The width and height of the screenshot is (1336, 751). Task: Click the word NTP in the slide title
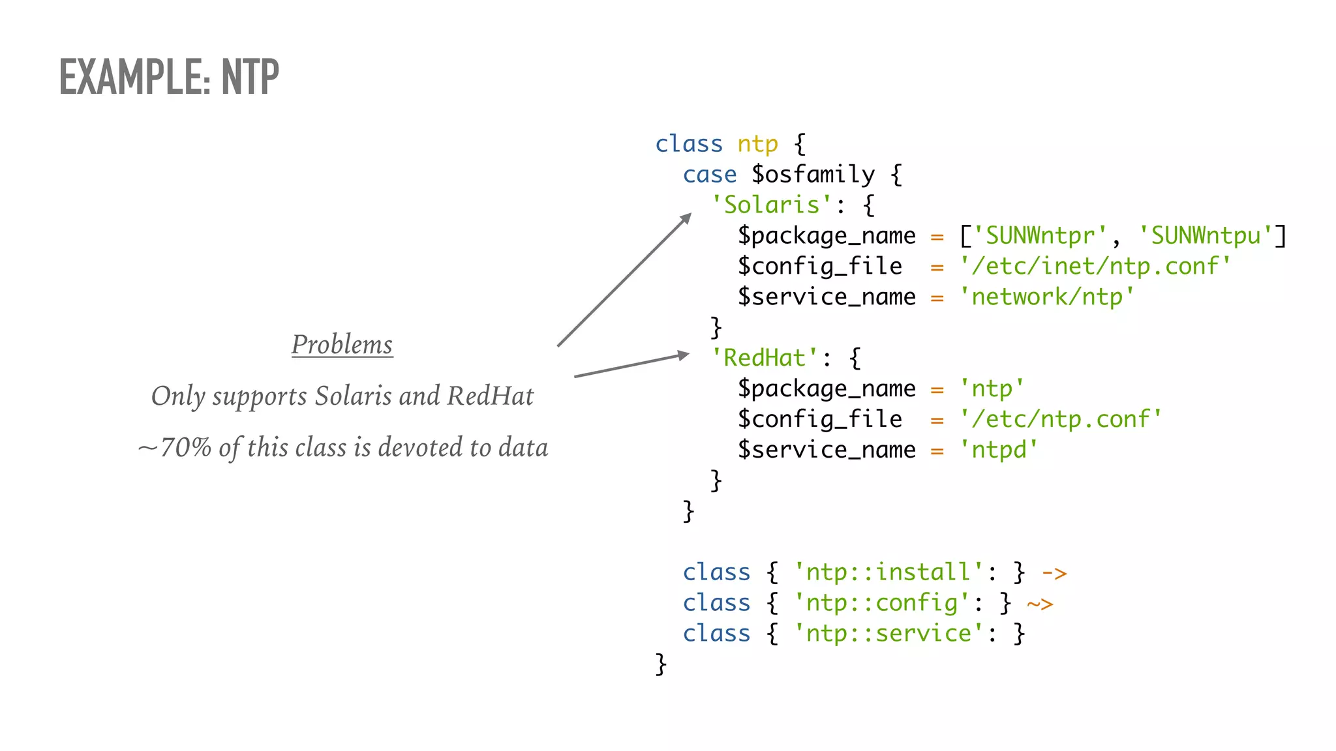(250, 77)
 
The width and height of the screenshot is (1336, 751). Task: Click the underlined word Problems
(342, 344)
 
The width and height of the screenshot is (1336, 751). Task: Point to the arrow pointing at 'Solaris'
(624, 280)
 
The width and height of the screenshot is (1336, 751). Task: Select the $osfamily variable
(813, 175)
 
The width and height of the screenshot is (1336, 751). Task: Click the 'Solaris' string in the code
(770, 205)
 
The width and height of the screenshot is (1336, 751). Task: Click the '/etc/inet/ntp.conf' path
(1095, 267)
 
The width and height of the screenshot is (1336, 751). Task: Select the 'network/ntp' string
(1046, 297)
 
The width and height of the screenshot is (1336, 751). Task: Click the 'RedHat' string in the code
(764, 358)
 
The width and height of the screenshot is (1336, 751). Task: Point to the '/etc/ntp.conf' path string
(1061, 419)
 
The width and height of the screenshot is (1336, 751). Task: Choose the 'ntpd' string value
(998, 450)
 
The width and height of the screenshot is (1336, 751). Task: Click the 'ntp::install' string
(888, 572)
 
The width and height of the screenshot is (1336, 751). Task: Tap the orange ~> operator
(1040, 604)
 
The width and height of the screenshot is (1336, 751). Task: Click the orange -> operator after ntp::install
(1054, 574)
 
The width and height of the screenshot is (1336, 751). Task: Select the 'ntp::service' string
(888, 634)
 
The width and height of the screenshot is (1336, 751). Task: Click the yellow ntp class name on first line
(757, 144)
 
